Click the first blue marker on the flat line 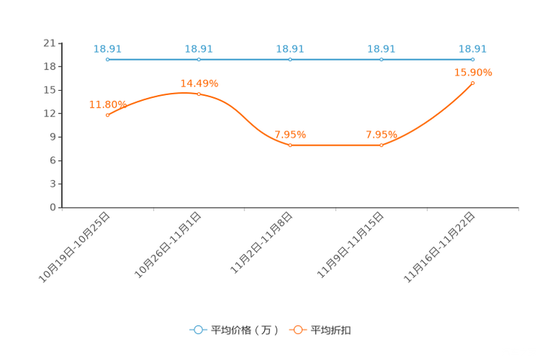coord(107,60)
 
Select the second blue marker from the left coord(198,60)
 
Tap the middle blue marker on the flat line coord(290,60)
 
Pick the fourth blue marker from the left coord(381,60)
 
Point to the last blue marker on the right coord(472,60)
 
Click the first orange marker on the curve coord(107,115)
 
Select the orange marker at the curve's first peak coord(198,94)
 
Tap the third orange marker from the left coord(290,145)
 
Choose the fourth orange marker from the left coord(381,145)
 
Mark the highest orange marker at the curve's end coord(472,83)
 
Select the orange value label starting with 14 coord(198,83)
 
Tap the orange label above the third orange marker coord(290,134)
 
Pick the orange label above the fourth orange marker coord(381,134)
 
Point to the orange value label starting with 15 coord(472,72)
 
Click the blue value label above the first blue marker coord(107,49)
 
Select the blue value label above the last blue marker coord(472,49)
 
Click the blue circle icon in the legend coord(198,330)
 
